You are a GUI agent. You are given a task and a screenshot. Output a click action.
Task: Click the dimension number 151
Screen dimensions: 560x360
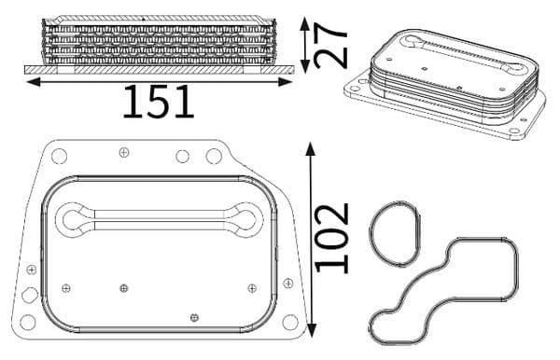click(159, 102)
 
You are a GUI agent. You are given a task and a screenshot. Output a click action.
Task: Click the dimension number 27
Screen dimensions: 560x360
click(330, 45)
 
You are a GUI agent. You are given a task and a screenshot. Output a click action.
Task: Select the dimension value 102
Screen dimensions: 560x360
click(332, 238)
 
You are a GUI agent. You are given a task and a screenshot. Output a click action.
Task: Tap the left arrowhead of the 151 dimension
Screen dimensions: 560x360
click(34, 82)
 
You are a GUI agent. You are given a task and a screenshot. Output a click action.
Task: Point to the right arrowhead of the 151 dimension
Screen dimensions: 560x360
click(285, 82)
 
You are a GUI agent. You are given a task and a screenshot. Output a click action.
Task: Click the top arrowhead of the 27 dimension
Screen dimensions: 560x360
click(305, 23)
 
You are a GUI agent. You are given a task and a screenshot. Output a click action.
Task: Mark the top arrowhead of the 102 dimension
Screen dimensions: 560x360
click(311, 149)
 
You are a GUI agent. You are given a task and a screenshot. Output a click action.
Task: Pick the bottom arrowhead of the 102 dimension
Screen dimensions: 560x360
click(312, 330)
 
